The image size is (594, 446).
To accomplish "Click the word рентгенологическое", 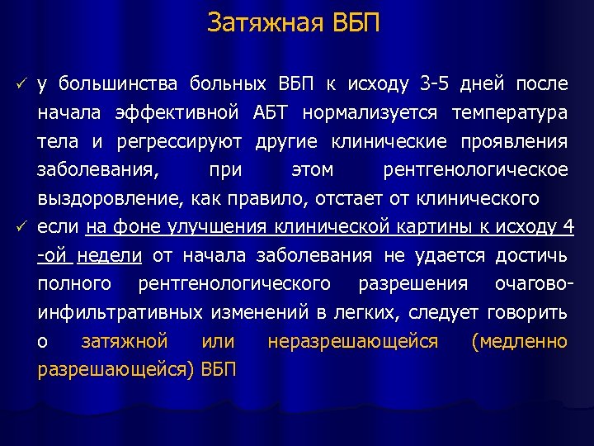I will click(476, 170).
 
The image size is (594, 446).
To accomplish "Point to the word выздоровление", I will click(110, 198).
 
